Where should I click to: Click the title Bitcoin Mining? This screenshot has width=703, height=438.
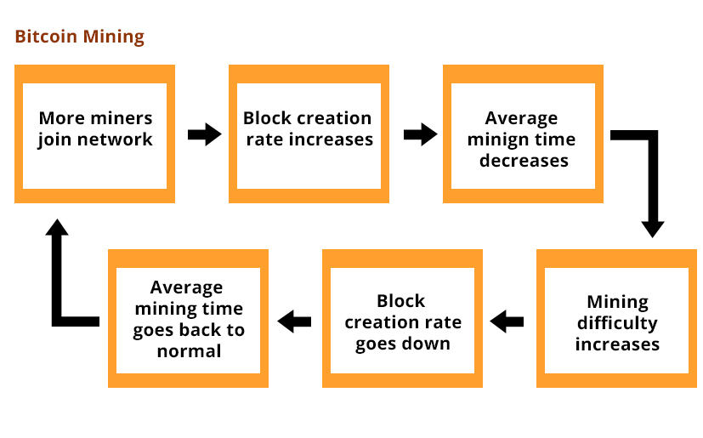80,37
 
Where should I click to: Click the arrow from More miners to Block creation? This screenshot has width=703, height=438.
205,134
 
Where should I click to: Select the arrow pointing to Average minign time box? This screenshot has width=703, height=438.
421,134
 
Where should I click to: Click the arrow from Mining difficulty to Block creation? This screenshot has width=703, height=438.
507,321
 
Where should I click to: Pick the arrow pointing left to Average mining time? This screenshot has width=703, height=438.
294,321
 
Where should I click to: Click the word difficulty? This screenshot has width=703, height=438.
617,323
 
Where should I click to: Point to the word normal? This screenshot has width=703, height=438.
189,351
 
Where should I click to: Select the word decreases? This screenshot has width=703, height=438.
524,161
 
